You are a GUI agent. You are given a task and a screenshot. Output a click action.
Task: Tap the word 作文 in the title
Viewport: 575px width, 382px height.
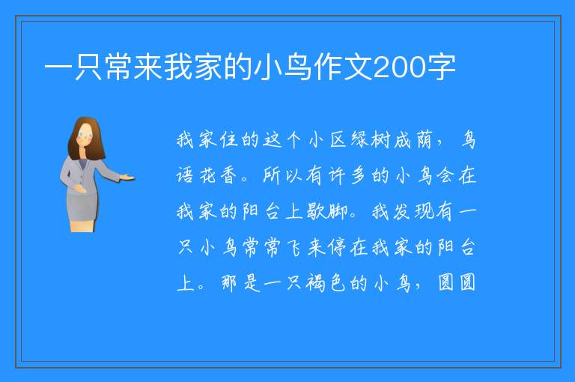[x=343, y=67]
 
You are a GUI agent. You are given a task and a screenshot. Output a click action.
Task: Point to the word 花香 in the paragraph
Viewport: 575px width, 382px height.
[x=219, y=175]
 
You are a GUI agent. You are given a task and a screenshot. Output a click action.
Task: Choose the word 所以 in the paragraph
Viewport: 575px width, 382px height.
[x=282, y=175]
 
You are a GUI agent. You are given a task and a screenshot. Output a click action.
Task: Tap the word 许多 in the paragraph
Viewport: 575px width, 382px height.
[x=347, y=175]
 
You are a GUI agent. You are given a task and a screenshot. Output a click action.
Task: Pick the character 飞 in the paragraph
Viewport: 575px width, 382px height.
[x=293, y=247]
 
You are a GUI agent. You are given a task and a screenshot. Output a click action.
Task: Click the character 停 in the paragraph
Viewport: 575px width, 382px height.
[x=337, y=247]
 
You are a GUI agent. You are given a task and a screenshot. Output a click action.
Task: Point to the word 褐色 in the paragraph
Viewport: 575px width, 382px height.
[x=326, y=283]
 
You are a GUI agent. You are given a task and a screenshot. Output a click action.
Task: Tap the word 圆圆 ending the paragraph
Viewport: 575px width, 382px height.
[x=457, y=282]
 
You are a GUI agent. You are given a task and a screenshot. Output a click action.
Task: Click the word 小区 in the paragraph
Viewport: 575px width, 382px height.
[x=327, y=140]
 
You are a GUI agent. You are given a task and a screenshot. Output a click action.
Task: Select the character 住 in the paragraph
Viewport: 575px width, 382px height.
[x=230, y=140]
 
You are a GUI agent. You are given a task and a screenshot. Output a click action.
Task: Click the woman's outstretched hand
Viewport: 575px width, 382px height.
[x=127, y=178]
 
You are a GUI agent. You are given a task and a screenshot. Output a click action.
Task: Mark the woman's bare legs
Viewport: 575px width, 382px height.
[x=82, y=225]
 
